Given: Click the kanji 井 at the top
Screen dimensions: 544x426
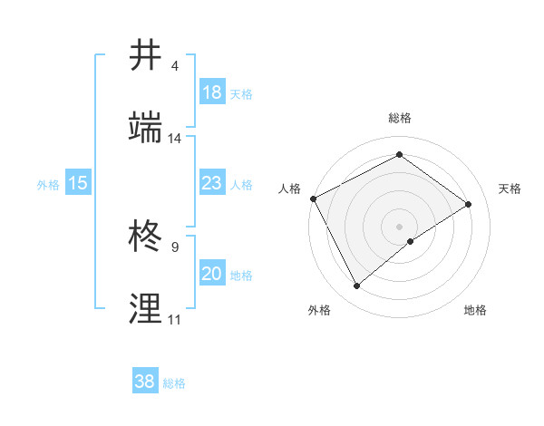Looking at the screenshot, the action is (148, 57).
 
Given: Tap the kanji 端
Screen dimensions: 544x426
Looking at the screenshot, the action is (148, 128).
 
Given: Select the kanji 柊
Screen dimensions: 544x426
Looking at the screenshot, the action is (148, 237).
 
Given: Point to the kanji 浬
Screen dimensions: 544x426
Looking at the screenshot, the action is (148, 308).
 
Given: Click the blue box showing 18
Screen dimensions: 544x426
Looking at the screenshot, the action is (212, 92).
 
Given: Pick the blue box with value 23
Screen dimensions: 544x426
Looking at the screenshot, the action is (212, 183).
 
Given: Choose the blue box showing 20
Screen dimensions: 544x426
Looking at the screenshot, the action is (212, 274).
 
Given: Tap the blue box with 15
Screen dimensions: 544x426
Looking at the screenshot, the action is (78, 183).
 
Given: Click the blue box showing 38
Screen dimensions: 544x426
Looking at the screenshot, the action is (145, 382).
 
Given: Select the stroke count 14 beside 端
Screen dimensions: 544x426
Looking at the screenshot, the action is (175, 139).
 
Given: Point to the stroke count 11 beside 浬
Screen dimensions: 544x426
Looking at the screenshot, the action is (175, 319).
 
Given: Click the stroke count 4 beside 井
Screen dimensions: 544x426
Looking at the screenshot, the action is (175, 67).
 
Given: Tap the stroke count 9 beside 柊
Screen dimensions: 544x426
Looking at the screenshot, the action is (175, 247).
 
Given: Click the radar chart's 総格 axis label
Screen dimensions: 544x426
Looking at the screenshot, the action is (400, 118).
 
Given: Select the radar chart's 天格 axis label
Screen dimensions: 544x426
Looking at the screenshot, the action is (510, 189).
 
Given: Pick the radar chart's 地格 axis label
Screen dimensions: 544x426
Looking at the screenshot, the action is (475, 310).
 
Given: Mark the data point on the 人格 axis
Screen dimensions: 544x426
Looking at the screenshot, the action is (313, 198).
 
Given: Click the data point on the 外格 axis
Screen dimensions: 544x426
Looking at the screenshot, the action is (357, 286).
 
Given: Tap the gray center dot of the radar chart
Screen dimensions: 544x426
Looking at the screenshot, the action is (400, 226).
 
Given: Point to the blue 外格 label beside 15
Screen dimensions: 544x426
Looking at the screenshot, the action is (48, 184).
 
